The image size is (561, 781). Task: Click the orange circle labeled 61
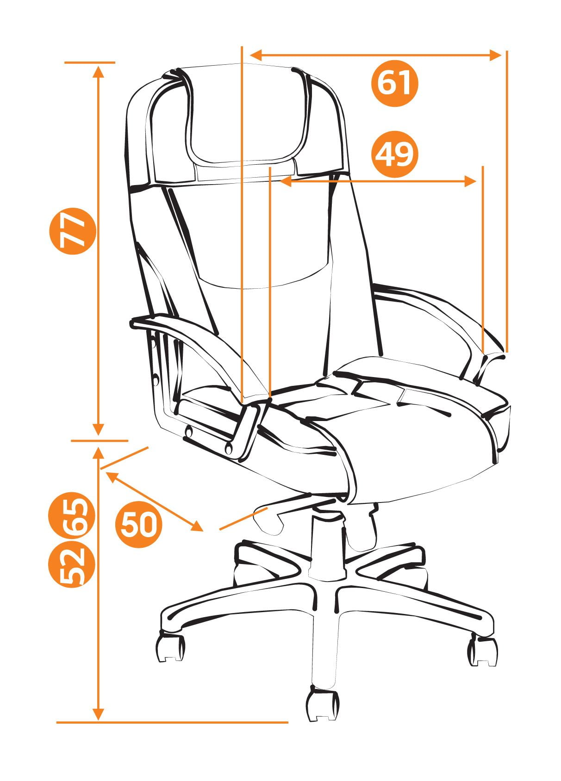pyautogui.click(x=394, y=83)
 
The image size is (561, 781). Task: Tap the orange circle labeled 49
pyautogui.click(x=394, y=154)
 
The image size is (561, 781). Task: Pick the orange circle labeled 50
pyautogui.click(x=138, y=524)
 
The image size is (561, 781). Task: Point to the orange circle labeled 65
pyautogui.click(x=72, y=515)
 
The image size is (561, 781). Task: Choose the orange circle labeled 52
pyautogui.click(x=72, y=564)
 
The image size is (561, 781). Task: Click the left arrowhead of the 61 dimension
pyautogui.click(x=256, y=55)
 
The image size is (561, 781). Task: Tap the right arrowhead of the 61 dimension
pyautogui.click(x=495, y=55)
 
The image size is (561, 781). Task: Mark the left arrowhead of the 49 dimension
pyautogui.click(x=286, y=181)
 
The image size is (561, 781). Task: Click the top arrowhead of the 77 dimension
pyautogui.click(x=99, y=71)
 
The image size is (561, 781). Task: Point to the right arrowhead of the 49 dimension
pyautogui.click(x=470, y=181)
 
